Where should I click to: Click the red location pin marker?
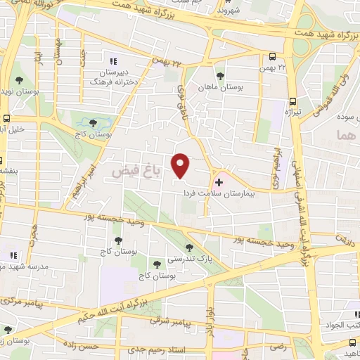[181, 165]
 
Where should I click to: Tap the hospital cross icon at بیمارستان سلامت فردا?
[219, 181]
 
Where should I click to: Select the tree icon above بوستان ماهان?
[220, 75]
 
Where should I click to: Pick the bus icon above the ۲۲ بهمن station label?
[274, 56]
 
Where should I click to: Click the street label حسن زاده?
[96, 346]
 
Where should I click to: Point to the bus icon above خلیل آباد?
[6, 118]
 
